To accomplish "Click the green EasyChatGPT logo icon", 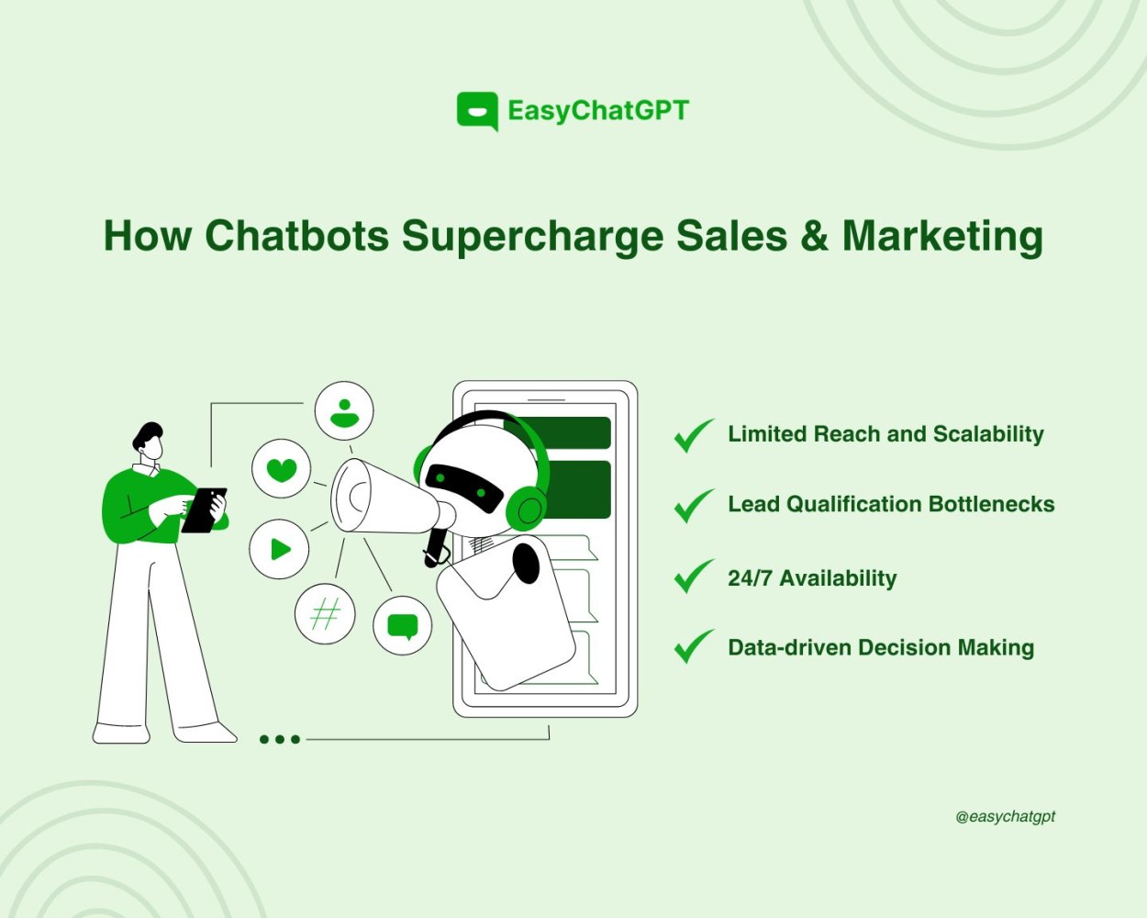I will [477, 111].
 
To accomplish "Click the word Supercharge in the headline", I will [532, 237].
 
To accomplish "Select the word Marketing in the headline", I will [942, 237].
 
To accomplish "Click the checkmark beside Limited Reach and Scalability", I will [694, 435].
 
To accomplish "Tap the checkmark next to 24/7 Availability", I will [694, 577].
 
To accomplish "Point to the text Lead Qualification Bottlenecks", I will [890, 504].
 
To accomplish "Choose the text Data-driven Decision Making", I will [880, 647].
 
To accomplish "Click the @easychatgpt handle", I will [1005, 816].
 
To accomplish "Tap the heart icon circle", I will [282, 469].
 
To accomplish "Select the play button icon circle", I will [279, 549].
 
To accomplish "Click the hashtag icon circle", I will [325, 613].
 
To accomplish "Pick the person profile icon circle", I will [344, 411].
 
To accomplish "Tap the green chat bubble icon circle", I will [403, 626].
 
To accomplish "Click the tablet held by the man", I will [204, 509].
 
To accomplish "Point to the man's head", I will [150, 442].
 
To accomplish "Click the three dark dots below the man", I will [280, 739].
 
